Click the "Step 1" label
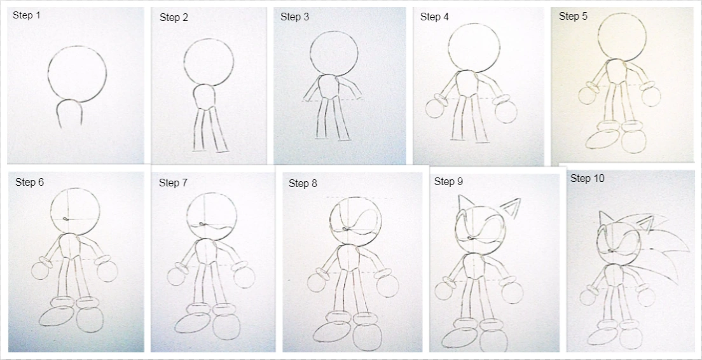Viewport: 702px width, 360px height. pos(27,15)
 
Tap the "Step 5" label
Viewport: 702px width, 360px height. pos(573,17)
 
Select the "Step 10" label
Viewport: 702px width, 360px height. pos(588,178)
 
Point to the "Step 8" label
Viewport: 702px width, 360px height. pos(303,184)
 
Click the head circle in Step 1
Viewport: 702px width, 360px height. pos(48,74)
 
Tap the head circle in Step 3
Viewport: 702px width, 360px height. pos(310,53)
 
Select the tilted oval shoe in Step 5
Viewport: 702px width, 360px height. pos(602,139)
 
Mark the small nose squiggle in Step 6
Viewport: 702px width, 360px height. pos(66,219)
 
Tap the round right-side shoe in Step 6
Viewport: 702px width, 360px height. pos(90,320)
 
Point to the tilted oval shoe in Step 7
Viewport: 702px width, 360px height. pos(193,323)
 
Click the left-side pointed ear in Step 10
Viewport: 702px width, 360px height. pos(606,219)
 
